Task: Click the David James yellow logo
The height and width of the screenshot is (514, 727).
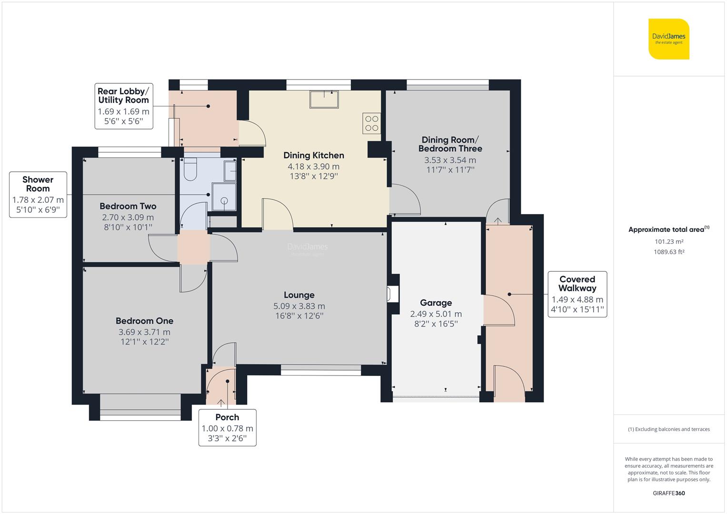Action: (668, 39)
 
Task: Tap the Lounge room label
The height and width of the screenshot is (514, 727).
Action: (299, 295)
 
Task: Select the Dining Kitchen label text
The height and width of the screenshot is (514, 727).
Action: (313, 155)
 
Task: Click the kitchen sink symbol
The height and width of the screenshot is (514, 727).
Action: (324, 99)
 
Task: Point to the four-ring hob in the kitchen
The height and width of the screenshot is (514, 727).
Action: (371, 123)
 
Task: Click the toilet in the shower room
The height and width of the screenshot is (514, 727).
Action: (190, 170)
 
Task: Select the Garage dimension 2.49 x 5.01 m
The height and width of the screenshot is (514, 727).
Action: (436, 314)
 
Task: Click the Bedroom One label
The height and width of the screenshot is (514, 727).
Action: (144, 321)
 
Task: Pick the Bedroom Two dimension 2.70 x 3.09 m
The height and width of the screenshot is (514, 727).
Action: (128, 217)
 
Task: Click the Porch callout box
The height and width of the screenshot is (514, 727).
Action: (227, 427)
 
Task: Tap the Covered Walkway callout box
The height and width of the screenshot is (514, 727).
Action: (577, 295)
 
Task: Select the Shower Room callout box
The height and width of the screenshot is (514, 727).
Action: (38, 195)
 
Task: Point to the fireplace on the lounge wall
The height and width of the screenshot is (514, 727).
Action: (391, 294)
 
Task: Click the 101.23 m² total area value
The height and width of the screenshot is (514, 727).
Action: (668, 242)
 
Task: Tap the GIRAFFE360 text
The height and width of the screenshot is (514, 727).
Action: (668, 493)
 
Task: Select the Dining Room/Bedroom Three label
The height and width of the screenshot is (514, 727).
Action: (450, 144)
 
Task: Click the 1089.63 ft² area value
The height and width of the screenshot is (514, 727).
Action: (668, 252)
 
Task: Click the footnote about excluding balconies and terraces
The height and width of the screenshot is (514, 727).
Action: (668, 429)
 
